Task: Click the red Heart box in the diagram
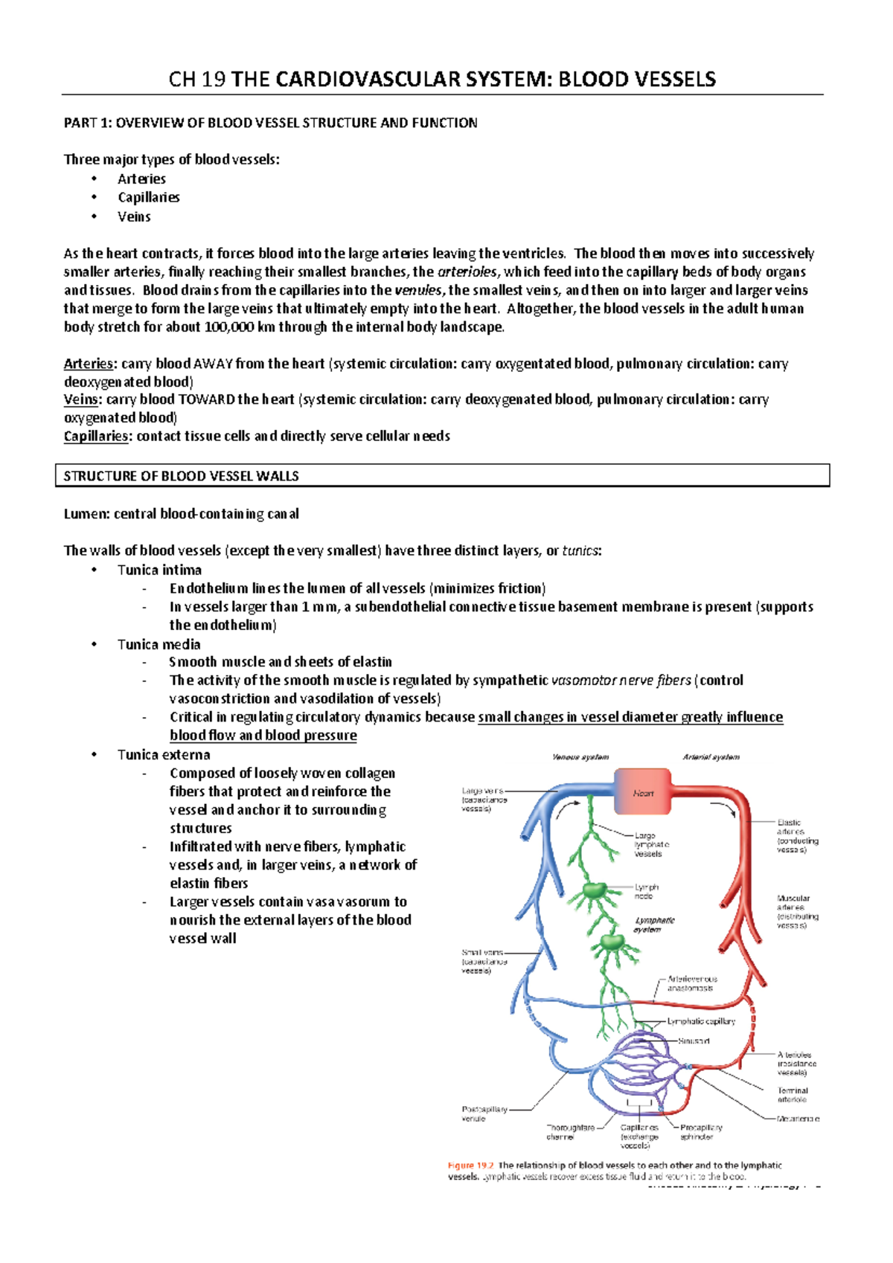point(642,793)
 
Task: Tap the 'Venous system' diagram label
point(580,757)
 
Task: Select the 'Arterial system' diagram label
point(711,757)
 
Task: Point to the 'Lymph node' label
point(646,891)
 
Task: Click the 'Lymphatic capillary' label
point(700,1021)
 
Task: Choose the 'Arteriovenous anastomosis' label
point(691,983)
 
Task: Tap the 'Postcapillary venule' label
point(484,1113)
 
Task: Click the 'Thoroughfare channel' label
point(570,1132)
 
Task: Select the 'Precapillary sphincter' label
point(700,1132)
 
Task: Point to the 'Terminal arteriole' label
point(792,1095)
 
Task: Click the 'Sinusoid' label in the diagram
point(693,1041)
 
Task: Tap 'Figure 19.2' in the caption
point(470,1166)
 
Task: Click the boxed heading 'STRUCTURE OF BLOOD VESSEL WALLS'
point(181,476)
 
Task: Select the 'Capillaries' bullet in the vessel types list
point(148,197)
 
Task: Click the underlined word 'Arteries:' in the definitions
point(89,364)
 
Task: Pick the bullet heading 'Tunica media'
point(159,644)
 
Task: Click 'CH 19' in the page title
point(197,79)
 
